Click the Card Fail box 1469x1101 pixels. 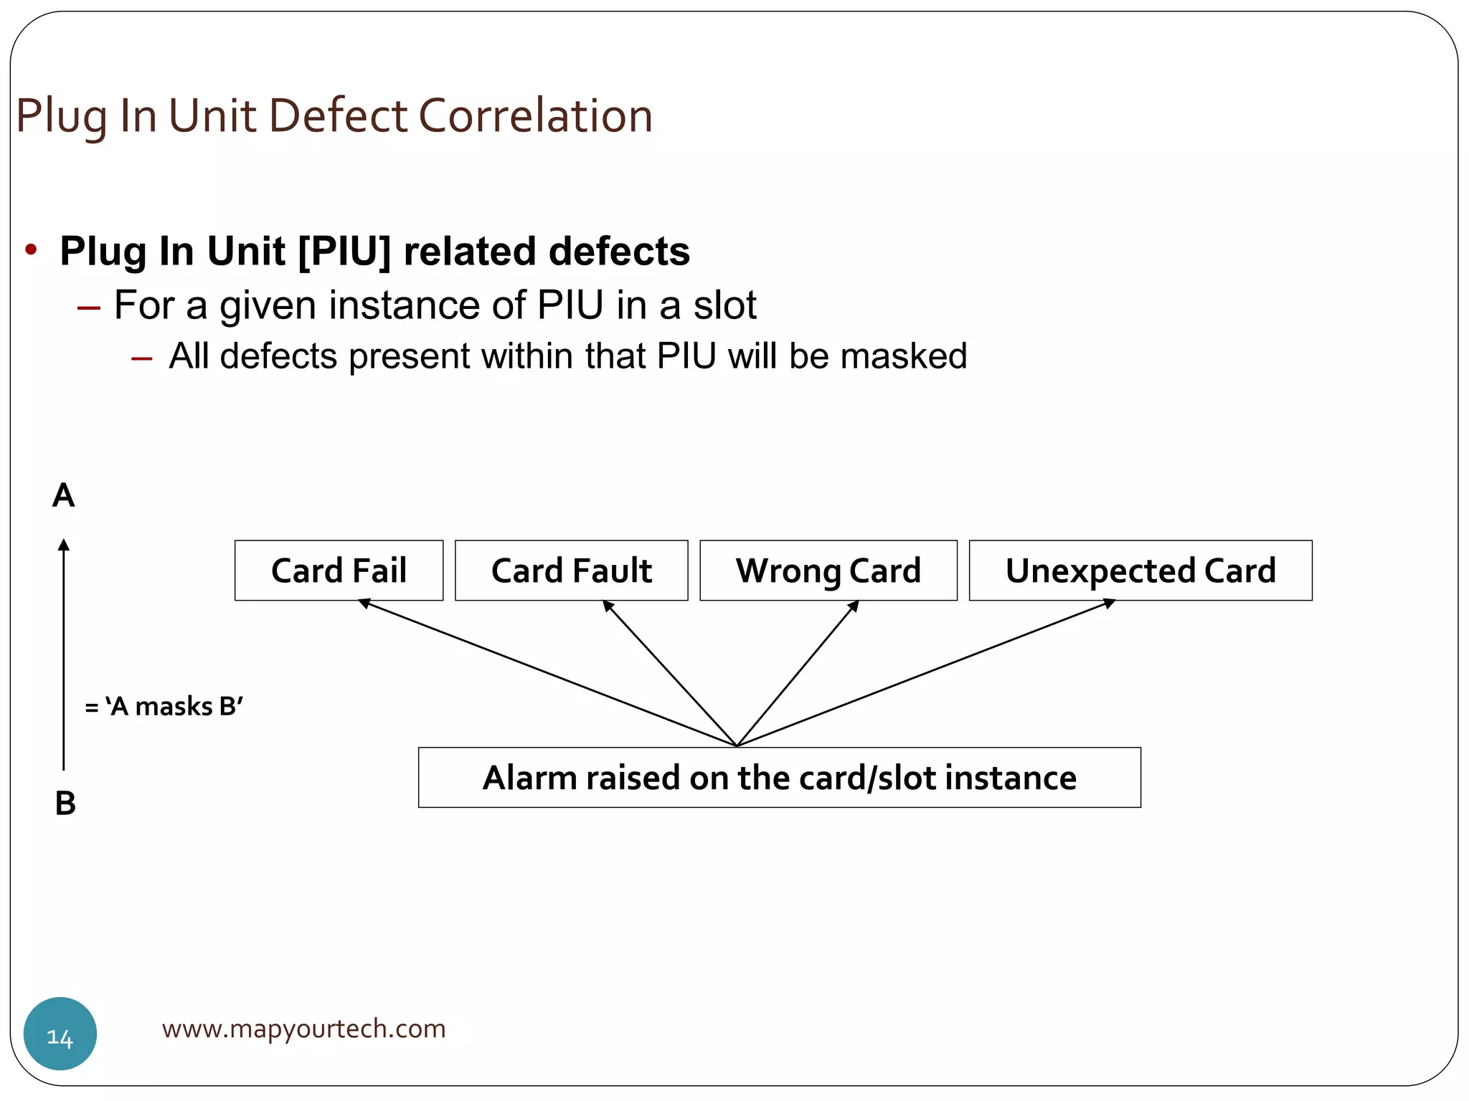pos(339,571)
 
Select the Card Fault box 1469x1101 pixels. pos(571,571)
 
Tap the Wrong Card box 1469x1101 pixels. pos(828,571)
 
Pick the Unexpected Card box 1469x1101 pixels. pos(1140,571)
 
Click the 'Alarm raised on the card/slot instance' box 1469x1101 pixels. pos(779,778)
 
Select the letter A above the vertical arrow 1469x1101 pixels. pos(63,495)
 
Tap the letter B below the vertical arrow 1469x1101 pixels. pos(65,803)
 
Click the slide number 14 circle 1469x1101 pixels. pos(60,1034)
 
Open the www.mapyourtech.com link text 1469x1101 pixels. pos(303,1029)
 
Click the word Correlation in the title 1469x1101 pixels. pos(535,115)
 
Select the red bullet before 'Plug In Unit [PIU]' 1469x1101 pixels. pos(31,250)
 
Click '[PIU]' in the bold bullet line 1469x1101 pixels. pos(344,252)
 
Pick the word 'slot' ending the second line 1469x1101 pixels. pos(724,305)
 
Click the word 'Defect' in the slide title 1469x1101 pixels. pos(338,115)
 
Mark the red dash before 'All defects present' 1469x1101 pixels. pos(142,358)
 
